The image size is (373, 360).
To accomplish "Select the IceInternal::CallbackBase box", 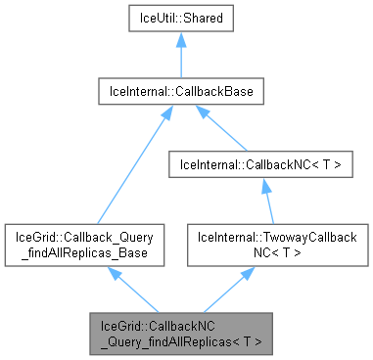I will point(180,93).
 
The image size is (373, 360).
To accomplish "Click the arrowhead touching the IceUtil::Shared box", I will point(180,45).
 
